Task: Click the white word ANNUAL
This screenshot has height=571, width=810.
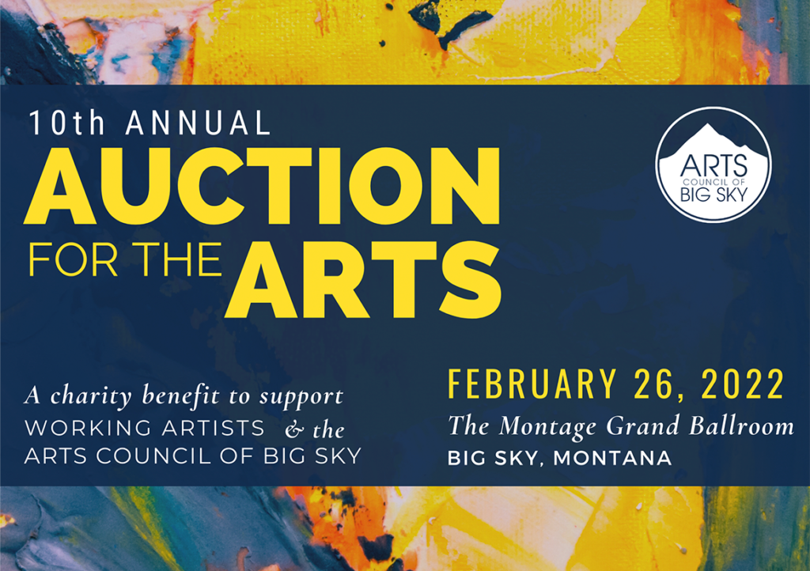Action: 198,123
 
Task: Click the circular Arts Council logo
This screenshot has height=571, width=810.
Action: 713,164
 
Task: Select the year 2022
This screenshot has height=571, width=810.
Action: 743,384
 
